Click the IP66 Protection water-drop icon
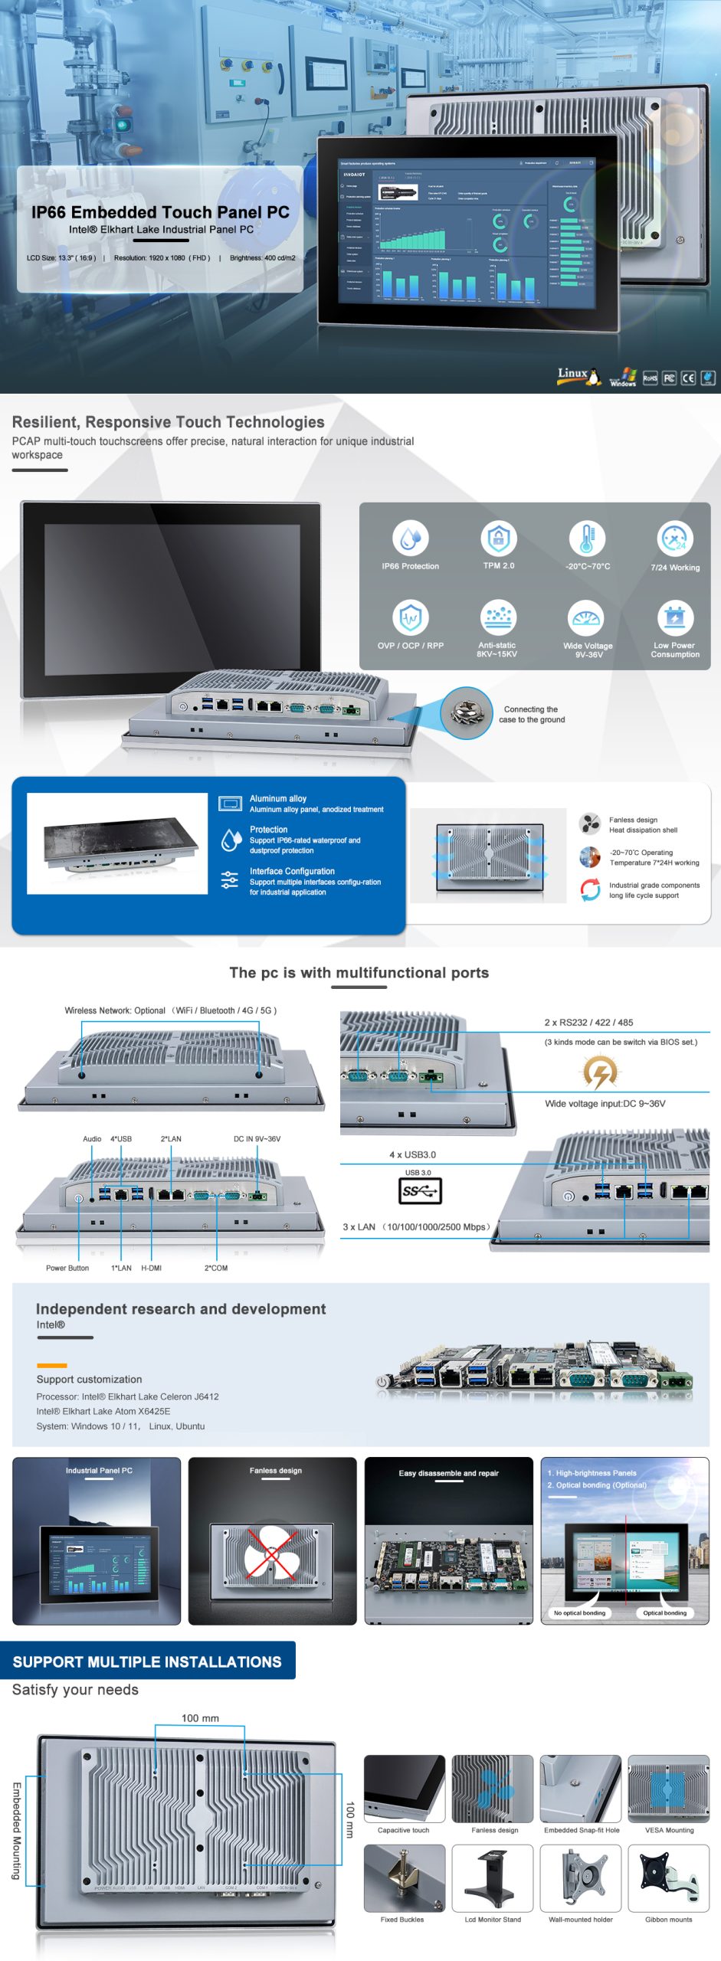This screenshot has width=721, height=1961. point(410,538)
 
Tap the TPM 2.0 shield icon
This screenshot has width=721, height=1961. point(499,538)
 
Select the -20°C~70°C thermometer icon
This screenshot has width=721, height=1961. point(587,538)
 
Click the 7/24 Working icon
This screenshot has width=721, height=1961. point(675,538)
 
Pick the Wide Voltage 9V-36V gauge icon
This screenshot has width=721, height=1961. point(587,617)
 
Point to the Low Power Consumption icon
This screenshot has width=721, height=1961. point(675,617)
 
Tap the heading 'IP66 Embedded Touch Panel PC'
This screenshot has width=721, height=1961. point(160,212)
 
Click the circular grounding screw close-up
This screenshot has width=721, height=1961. point(467,713)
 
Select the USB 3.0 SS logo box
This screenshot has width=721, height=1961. point(419,1190)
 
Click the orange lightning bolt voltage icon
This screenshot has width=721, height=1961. point(600,1072)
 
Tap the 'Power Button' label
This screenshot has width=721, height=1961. point(67,1268)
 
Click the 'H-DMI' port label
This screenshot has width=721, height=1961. point(151,1268)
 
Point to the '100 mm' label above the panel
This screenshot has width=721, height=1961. point(200,1718)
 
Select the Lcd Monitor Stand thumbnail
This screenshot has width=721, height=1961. point(493,1878)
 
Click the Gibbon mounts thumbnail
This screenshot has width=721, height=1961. point(669,1878)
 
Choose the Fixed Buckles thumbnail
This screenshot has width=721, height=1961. point(404,1878)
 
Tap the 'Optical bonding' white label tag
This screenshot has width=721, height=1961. point(664,1612)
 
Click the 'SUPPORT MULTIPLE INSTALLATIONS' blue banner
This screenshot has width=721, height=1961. point(147,1661)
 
